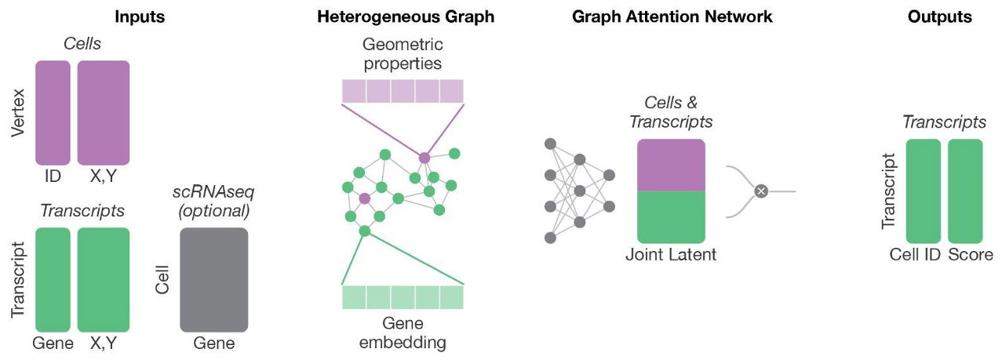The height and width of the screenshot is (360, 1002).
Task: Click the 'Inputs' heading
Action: (x=140, y=16)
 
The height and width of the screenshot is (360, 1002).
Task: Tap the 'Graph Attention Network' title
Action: (x=672, y=16)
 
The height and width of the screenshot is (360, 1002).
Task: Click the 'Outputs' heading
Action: (x=946, y=16)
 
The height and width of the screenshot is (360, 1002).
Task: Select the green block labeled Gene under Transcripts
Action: (x=53, y=279)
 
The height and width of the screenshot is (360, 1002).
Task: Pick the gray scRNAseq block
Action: (x=213, y=279)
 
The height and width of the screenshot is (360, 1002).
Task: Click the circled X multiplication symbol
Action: (x=760, y=191)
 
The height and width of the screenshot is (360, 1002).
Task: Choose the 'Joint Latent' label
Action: (x=671, y=255)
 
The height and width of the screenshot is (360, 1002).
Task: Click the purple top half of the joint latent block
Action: (x=671, y=165)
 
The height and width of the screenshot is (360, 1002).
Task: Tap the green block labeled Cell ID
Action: (x=923, y=191)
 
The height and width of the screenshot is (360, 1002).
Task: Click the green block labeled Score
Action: (x=965, y=191)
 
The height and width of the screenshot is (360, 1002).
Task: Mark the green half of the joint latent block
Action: (x=671, y=216)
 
